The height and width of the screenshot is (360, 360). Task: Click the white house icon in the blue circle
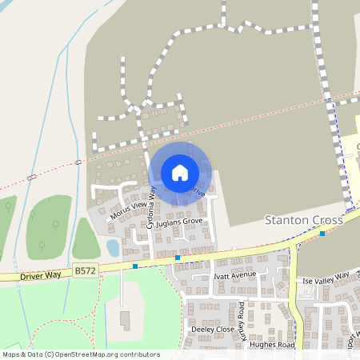coord(179,173)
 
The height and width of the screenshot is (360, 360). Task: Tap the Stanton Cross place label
coord(303,219)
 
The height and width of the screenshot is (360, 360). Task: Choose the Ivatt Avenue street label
coord(235,274)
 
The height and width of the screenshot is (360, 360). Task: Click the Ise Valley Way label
coord(326,278)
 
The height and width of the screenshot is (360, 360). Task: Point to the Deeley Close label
coord(211,329)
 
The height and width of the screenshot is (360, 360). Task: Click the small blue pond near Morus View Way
coord(113,247)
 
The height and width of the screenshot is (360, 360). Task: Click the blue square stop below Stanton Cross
coord(322,234)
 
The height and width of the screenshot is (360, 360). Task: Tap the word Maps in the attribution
coord(11,354)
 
